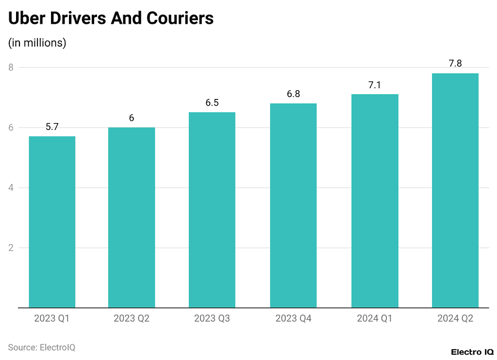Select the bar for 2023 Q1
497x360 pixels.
(52, 222)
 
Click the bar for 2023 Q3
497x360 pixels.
(212, 210)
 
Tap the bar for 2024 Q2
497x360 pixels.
(455, 190)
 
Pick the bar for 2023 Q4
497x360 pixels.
(293, 205)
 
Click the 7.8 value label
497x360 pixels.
(455, 64)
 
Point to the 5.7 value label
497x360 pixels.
(52, 127)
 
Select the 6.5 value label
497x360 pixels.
(212, 103)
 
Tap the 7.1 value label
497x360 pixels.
(374, 85)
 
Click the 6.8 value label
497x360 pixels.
(293, 94)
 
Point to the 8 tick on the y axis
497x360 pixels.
(11, 67)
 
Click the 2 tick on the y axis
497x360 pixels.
(11, 248)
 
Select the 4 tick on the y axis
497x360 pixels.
(11, 188)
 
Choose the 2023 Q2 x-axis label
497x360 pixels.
(132, 319)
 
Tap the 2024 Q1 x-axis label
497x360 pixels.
(374, 319)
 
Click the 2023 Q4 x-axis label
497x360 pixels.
(293, 319)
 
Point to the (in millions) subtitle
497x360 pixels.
(37, 43)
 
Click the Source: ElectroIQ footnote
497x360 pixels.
(41, 347)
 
